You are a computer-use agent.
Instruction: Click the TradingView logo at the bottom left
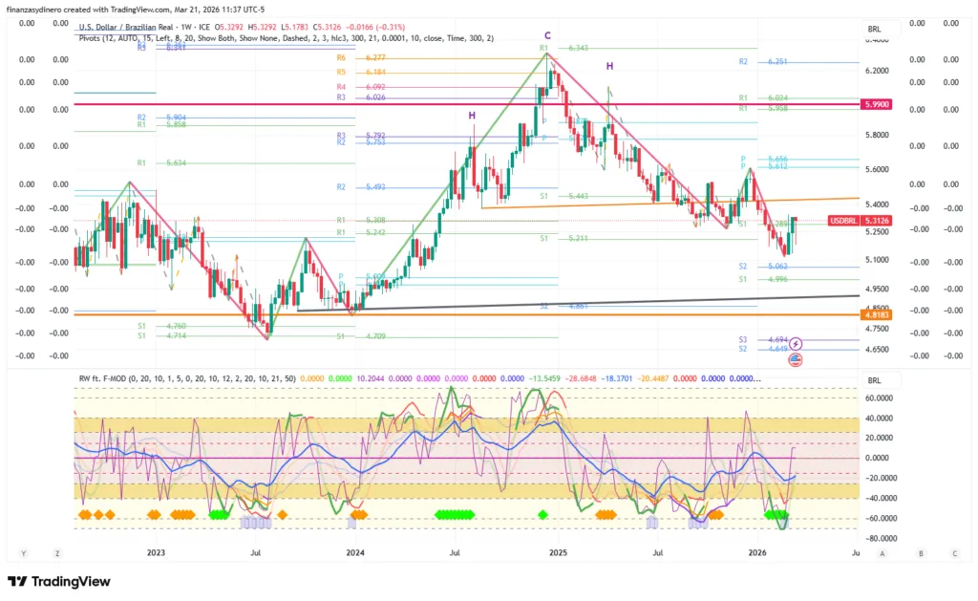[x=58, y=581]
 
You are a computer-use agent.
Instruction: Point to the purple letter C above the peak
[x=548, y=36]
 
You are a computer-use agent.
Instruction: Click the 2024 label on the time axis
[x=355, y=552]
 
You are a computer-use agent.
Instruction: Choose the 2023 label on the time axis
[x=156, y=552]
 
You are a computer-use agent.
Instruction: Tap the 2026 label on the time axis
[x=757, y=552]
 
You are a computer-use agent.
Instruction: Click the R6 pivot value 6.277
[x=375, y=58]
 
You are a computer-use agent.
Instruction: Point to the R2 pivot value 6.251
[x=778, y=62]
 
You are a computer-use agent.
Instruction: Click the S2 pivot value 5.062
[x=776, y=267]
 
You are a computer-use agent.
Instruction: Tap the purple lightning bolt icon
[x=796, y=343]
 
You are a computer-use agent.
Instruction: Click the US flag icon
[x=795, y=359]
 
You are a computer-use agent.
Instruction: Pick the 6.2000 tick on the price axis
[x=878, y=71]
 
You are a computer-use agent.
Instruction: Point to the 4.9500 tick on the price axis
[x=878, y=289]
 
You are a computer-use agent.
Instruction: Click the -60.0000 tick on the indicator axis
[x=879, y=518]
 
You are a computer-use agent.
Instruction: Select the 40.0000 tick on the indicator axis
[x=879, y=418]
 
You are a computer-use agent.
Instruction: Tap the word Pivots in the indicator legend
[x=91, y=38]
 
